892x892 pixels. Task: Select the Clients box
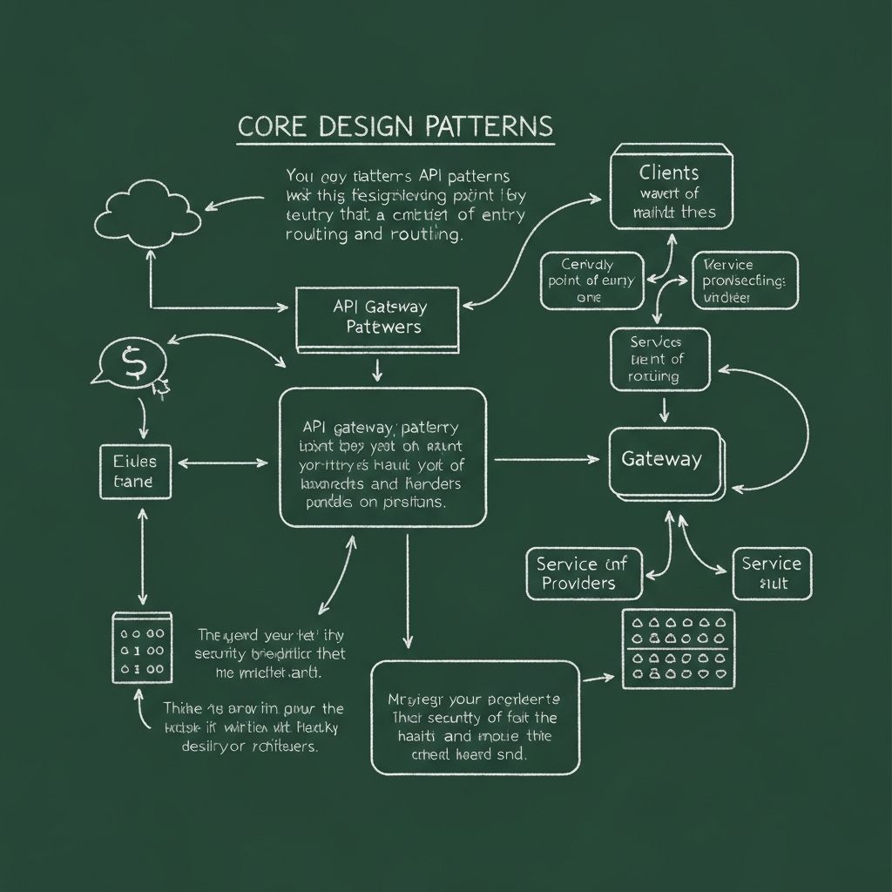click(x=671, y=188)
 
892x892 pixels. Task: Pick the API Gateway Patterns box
click(x=377, y=318)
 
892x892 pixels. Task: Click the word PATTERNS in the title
click(x=490, y=126)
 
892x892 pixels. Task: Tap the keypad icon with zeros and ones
click(x=141, y=647)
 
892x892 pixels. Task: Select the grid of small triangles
click(x=679, y=648)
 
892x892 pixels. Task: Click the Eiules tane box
click(x=134, y=471)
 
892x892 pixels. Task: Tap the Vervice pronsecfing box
click(x=744, y=280)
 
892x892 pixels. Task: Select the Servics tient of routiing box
click(x=659, y=359)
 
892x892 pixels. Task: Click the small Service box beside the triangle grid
click(x=772, y=573)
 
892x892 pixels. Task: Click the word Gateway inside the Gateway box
click(x=660, y=459)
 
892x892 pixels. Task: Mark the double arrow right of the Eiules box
click(x=225, y=463)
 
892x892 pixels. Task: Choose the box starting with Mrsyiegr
click(x=475, y=716)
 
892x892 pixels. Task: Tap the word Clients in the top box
click(x=669, y=172)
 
